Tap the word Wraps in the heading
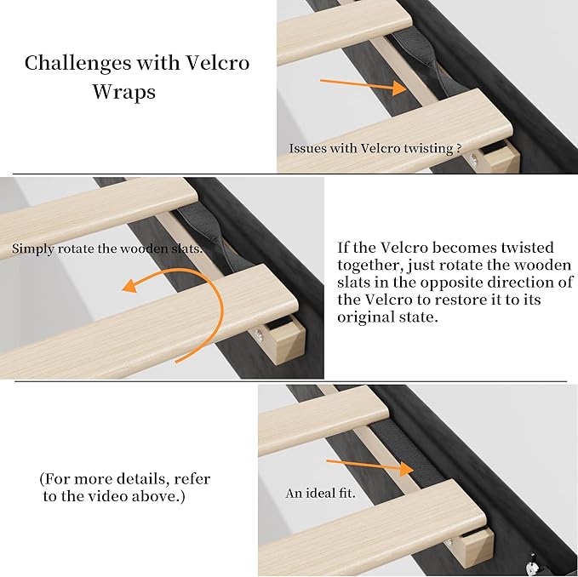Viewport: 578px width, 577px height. pyautogui.click(x=124, y=91)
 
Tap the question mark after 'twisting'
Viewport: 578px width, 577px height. pyautogui.click(x=460, y=148)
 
